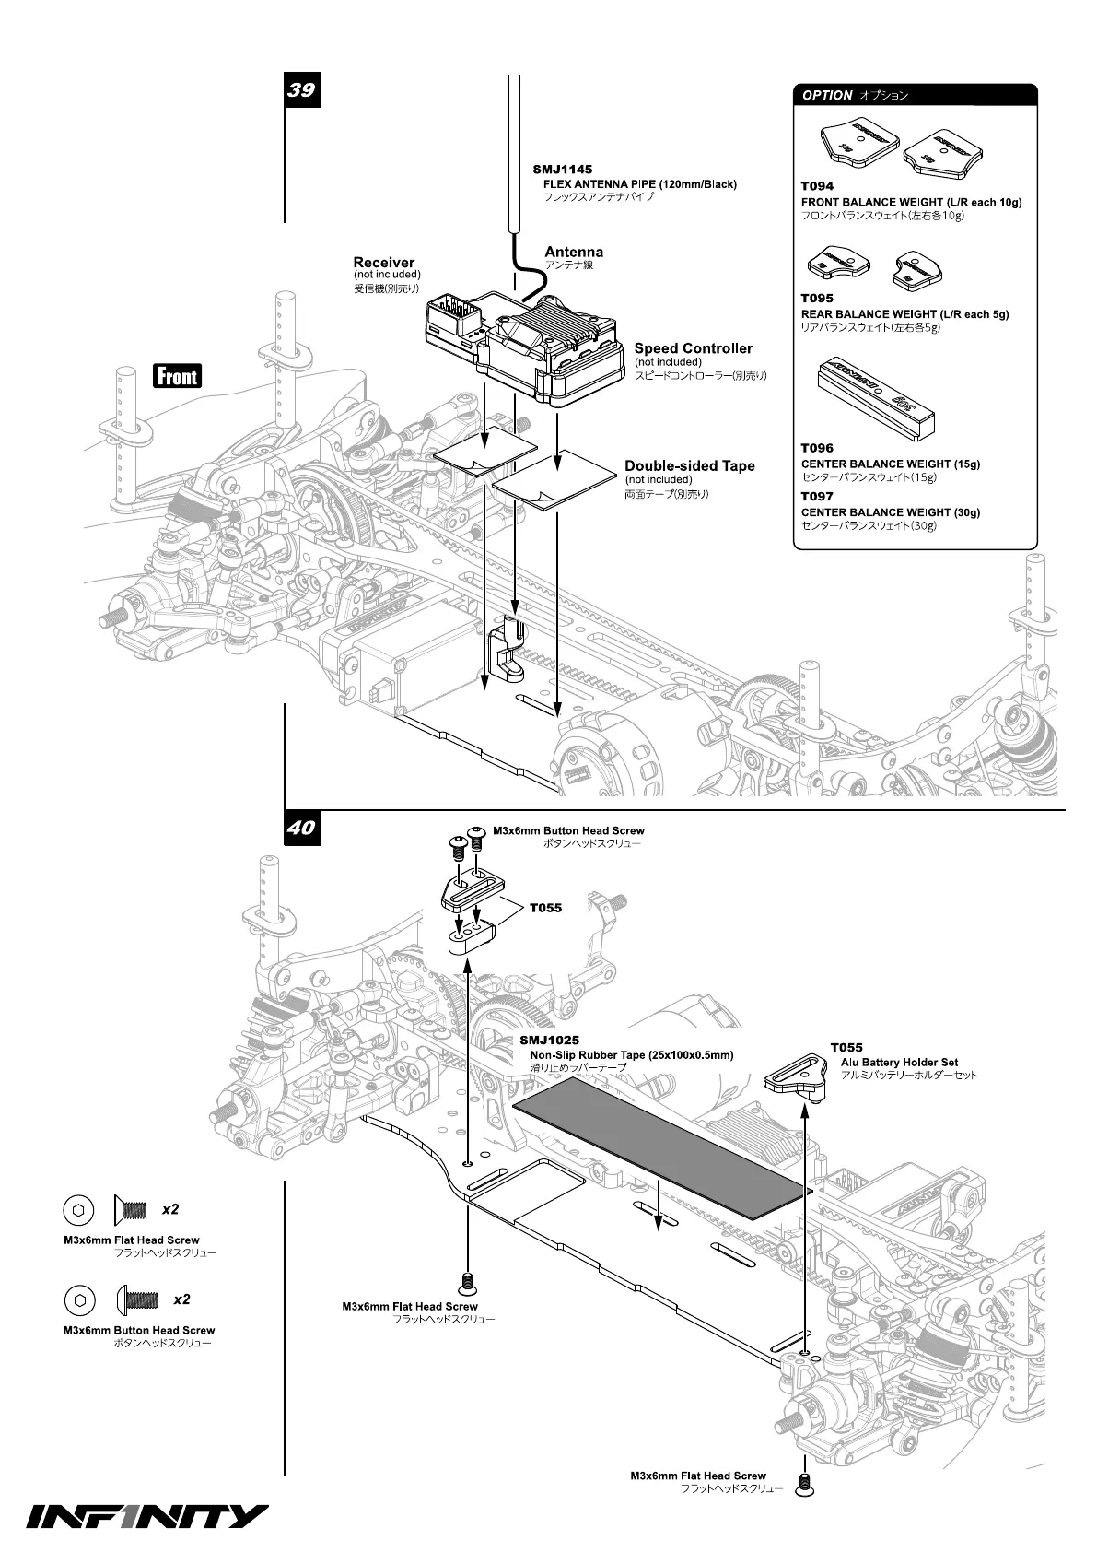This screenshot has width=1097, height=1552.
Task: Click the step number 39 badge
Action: coord(301,90)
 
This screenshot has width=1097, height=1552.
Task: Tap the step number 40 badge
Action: coord(301,828)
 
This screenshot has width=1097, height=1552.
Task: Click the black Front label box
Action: coord(177,376)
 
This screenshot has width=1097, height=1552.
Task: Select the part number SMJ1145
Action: coord(562,170)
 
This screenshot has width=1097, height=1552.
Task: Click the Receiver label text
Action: coord(383,263)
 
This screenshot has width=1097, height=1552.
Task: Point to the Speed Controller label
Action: coord(693,348)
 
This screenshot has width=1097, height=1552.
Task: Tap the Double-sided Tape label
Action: coord(689,466)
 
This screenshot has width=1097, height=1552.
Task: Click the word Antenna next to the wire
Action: coord(574,252)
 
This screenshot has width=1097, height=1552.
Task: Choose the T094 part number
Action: coord(817,186)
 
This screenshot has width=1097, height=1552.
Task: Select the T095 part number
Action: coord(817,299)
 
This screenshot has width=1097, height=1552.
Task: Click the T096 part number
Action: coord(817,449)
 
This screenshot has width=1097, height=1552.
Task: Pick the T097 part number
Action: coord(817,497)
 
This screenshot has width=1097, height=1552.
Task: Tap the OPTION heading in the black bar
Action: coord(827,95)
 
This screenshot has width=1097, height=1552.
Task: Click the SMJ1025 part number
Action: coord(549,1041)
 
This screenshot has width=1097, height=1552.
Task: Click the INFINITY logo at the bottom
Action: coord(147,1516)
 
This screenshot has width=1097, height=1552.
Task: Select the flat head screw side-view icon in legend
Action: coord(132,1209)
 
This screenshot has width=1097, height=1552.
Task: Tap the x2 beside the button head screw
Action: coord(181,1299)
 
